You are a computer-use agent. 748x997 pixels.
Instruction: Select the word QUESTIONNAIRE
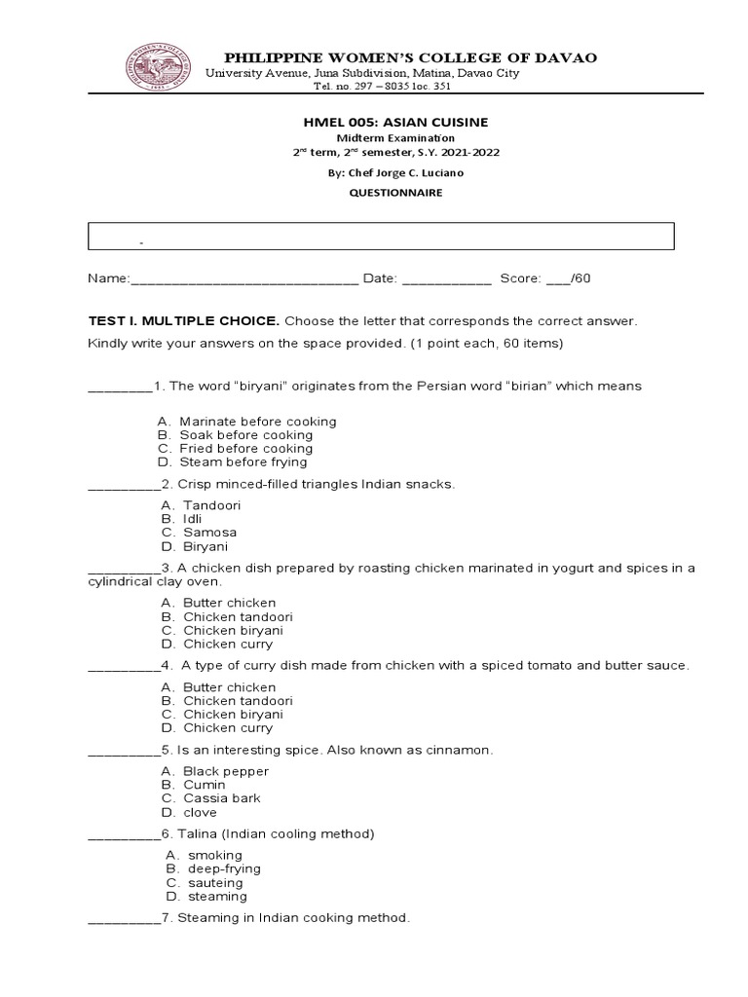[376, 193]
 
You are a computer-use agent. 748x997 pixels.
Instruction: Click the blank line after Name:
[243, 280]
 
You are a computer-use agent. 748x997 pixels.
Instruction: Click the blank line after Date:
[446, 280]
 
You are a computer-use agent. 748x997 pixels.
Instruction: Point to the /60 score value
[580, 279]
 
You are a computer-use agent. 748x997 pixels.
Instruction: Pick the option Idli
[192, 519]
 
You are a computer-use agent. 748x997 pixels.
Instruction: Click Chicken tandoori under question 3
[238, 616]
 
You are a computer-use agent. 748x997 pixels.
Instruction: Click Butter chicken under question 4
[229, 686]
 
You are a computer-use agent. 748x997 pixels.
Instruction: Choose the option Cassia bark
[222, 798]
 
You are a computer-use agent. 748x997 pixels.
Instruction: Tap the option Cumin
[204, 785]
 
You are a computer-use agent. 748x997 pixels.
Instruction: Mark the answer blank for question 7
[123, 919]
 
